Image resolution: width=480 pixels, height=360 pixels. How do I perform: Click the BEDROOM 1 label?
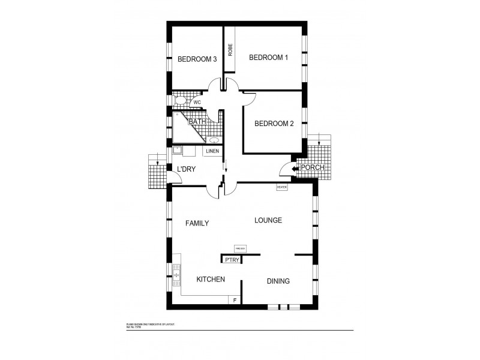pos(269,58)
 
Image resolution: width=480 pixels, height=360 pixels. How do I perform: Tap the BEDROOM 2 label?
pos(274,124)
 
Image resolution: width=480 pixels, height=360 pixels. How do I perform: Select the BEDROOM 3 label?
pos(197,59)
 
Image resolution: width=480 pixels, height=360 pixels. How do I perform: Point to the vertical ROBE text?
pos(230,49)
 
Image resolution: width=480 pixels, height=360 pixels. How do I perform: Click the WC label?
pos(197,102)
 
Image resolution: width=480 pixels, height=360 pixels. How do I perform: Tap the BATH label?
pos(197,121)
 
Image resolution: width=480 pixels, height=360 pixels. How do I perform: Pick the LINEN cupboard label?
pos(212,151)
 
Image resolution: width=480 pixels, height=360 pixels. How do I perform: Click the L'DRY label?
pos(186,169)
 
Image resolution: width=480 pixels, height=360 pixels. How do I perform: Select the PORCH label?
pos(313,168)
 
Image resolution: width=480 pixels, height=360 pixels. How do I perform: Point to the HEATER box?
pos(282,188)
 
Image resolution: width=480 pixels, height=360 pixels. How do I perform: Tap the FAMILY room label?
pos(197,223)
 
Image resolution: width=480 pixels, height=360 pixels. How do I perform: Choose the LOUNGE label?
pos(268,220)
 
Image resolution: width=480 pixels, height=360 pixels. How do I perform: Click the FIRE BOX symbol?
pos(241,248)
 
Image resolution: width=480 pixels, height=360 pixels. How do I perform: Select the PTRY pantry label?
pos(232,260)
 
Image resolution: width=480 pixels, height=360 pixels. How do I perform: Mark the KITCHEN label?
pos(211,280)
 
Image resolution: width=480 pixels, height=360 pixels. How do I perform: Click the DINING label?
pos(278,281)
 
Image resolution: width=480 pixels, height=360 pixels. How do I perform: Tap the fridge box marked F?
pos(234,299)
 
